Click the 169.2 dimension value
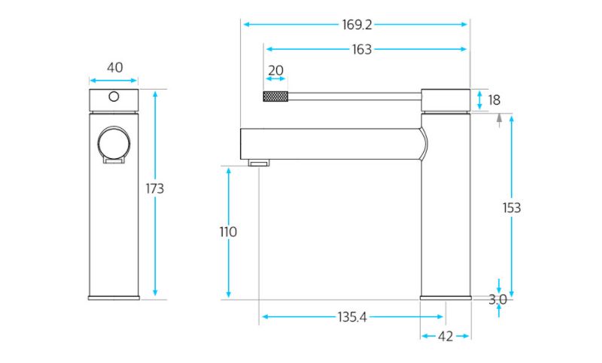tap(357, 25)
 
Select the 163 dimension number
tap(362, 50)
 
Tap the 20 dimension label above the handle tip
tap(275, 71)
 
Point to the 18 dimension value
tap(494, 100)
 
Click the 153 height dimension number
tap(512, 208)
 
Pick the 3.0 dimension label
tap(497, 300)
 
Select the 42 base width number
tap(445, 337)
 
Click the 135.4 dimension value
tap(352, 317)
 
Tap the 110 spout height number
tap(228, 232)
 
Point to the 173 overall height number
tap(155, 188)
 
